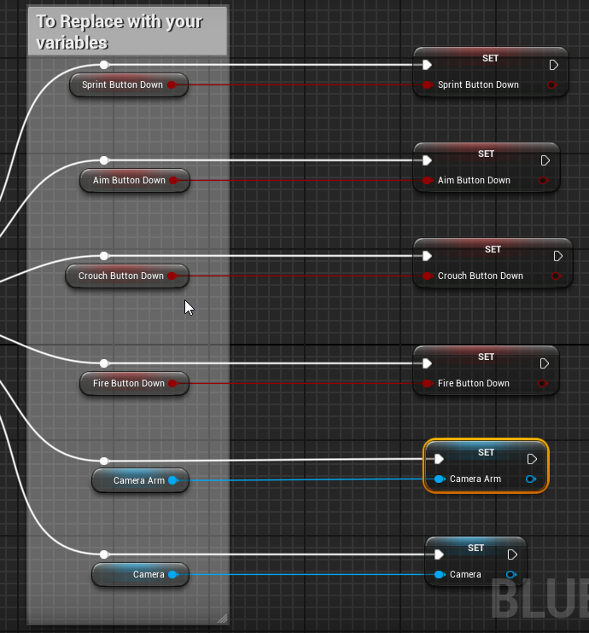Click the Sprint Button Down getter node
point(122,84)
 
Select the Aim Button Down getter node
point(129,180)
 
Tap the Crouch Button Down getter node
point(120,276)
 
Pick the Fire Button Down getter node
point(128,383)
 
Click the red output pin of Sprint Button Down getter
point(172,84)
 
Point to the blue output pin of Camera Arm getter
point(172,480)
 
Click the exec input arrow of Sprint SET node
point(427,65)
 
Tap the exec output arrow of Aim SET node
point(545,160)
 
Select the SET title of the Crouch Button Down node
point(493,249)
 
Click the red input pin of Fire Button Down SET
point(427,383)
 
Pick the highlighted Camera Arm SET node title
point(486,452)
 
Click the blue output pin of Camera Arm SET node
point(531,479)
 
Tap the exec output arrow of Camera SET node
point(512,555)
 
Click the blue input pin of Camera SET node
point(439,574)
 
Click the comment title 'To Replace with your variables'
point(120,32)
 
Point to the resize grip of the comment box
point(222,618)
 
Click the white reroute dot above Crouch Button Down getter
point(104,256)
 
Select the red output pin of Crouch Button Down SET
point(556,276)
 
